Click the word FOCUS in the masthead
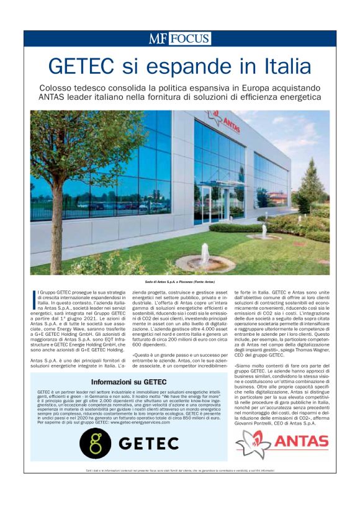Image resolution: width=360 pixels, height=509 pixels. coord(190,38)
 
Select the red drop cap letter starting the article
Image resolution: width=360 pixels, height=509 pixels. coord(33,298)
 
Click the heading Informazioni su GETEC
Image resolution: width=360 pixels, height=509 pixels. coord(128,382)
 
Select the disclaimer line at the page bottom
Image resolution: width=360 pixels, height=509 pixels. coord(179,473)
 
